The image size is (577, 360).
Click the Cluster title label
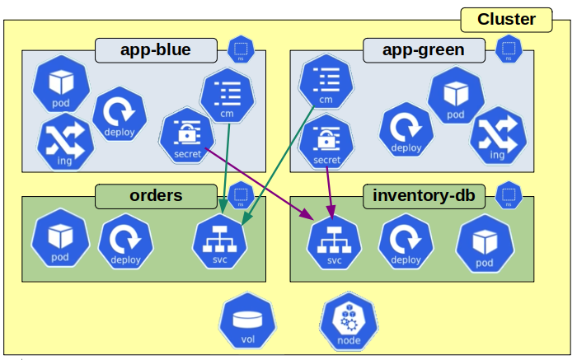pos(506,20)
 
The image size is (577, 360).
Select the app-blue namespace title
pos(155,50)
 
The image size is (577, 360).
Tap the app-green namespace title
pos(424,50)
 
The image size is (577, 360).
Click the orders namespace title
pos(156,196)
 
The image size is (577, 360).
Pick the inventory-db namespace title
pos(424,196)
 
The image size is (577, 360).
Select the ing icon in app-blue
pos(65,142)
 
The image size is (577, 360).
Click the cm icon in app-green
pos(326,82)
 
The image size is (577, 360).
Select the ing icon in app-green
pos(498,135)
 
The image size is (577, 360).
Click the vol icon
pos(247,321)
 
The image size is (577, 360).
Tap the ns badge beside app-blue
pos(241,50)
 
